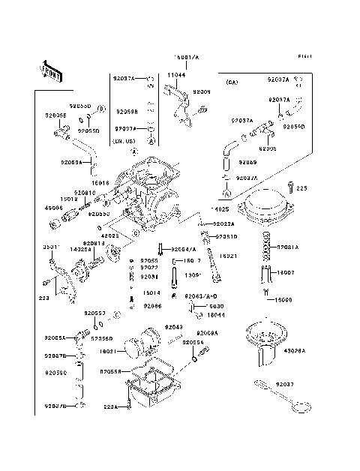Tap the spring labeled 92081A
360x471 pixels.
pyautogui.click(x=265, y=247)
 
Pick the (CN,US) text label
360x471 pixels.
pyautogui.click(x=123, y=140)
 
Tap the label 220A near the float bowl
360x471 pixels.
pyautogui.click(x=111, y=407)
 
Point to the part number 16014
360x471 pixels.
pyautogui.click(x=151, y=293)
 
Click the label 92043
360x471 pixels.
pyautogui.click(x=174, y=327)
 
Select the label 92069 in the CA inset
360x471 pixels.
pyautogui.click(x=248, y=162)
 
